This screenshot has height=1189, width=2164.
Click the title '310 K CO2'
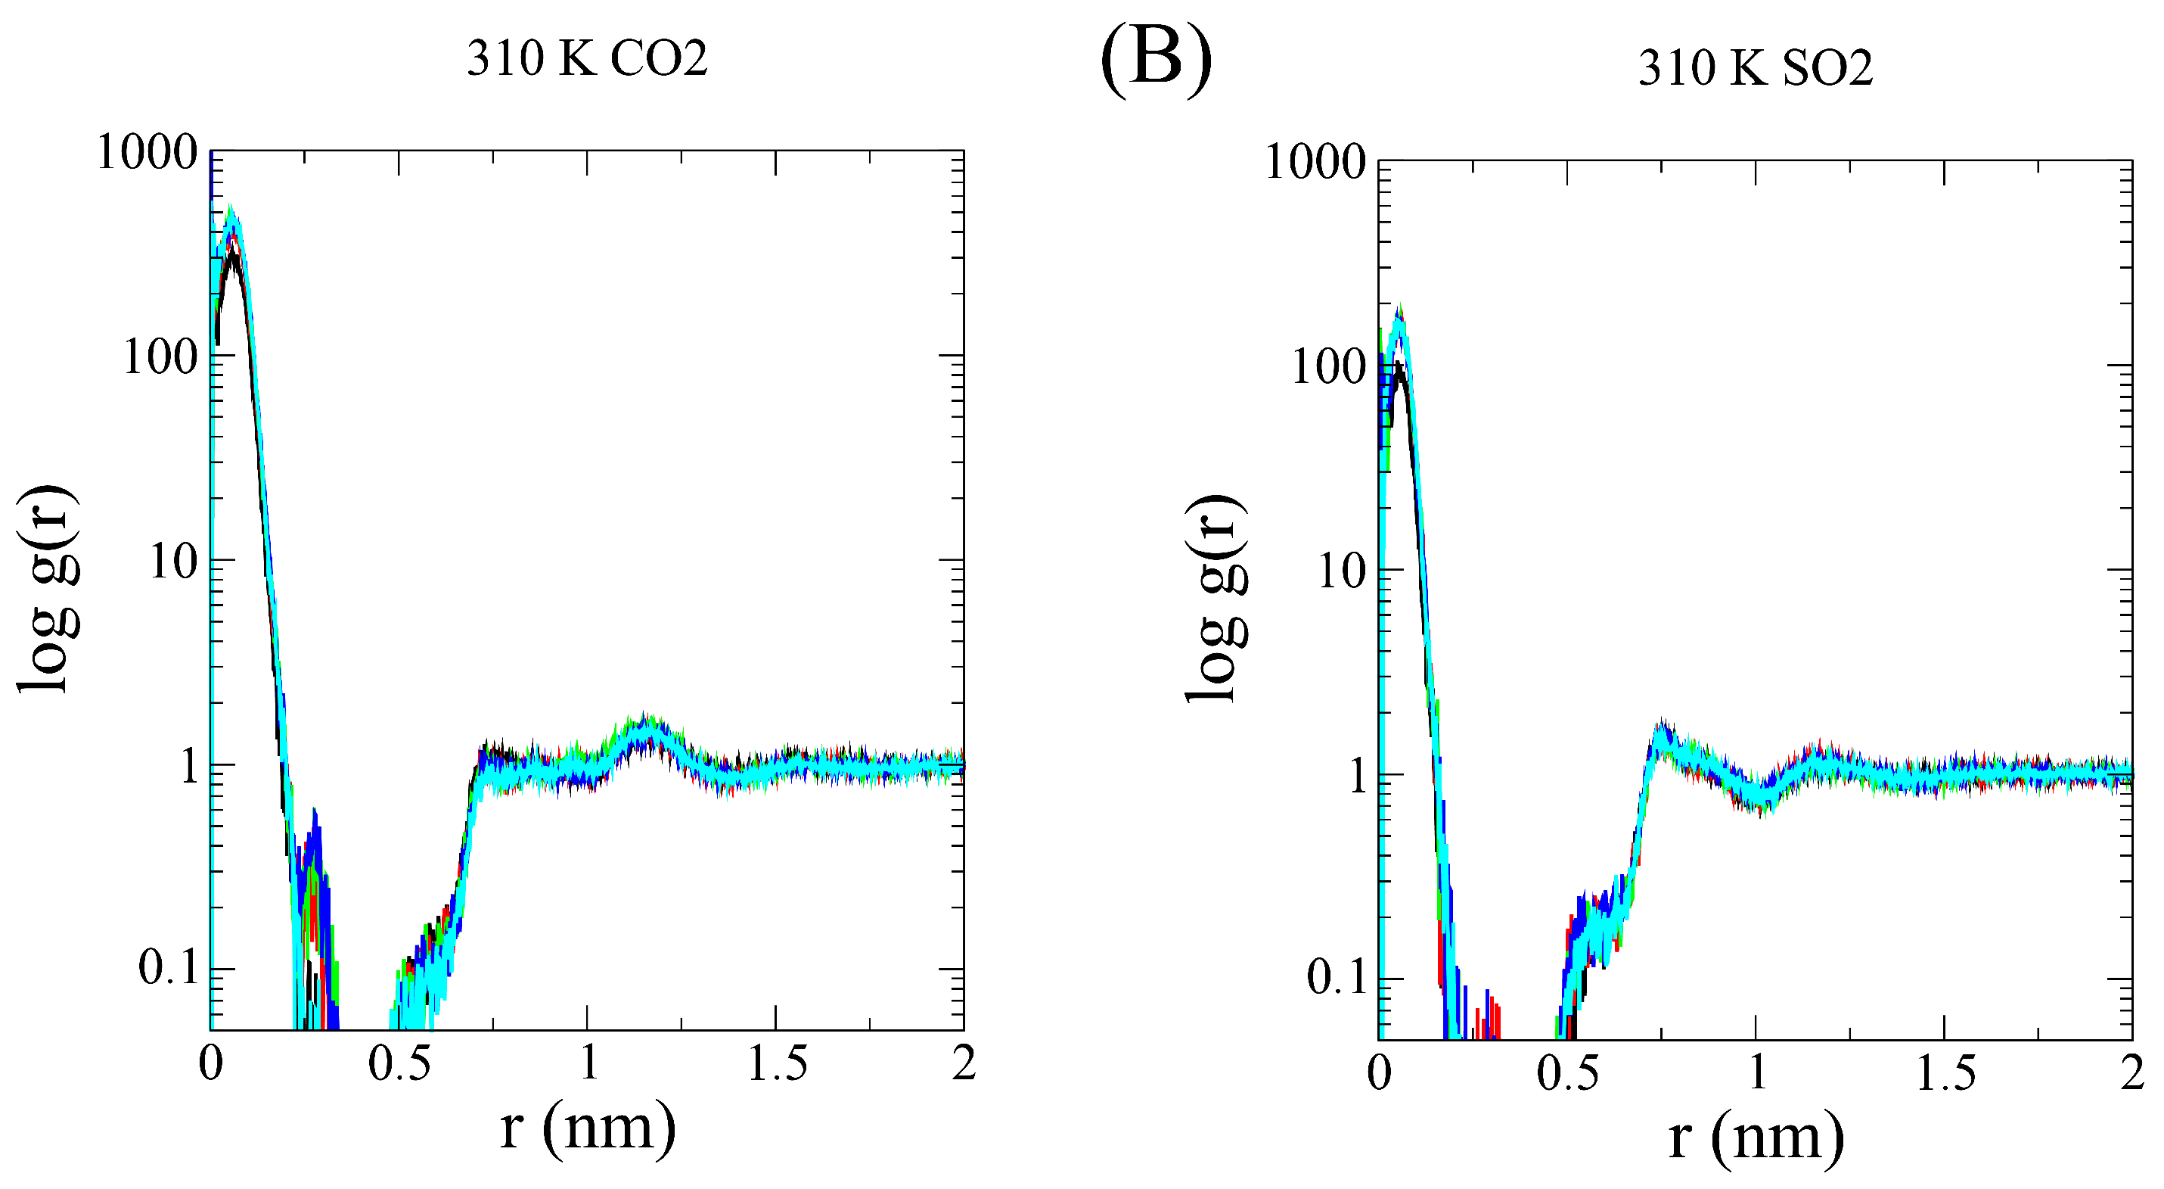point(586,59)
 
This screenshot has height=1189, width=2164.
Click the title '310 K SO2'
point(1755,68)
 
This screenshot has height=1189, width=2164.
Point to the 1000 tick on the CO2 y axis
point(147,153)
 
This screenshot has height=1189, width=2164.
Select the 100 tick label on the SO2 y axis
point(1328,367)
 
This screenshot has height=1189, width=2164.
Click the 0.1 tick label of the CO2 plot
point(168,968)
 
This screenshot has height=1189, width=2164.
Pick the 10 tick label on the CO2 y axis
point(173,561)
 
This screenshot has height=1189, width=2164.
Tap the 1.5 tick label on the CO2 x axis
point(776,1064)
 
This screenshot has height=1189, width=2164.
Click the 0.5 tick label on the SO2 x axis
point(1567,1074)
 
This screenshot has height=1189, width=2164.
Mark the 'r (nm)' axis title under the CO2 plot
point(586,1128)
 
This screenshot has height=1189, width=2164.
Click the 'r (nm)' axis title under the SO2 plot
point(1755,1138)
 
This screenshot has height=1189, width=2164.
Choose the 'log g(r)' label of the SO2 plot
point(1216,596)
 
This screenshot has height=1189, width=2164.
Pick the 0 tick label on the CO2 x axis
point(211,1064)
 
